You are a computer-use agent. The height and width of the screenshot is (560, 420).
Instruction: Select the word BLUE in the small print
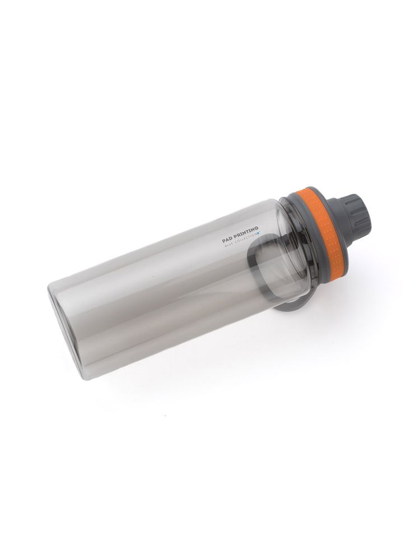[228, 245]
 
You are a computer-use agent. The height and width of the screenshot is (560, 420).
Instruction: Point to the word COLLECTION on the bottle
[245, 239]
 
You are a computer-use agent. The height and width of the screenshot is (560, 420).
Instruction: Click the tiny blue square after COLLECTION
[259, 234]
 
